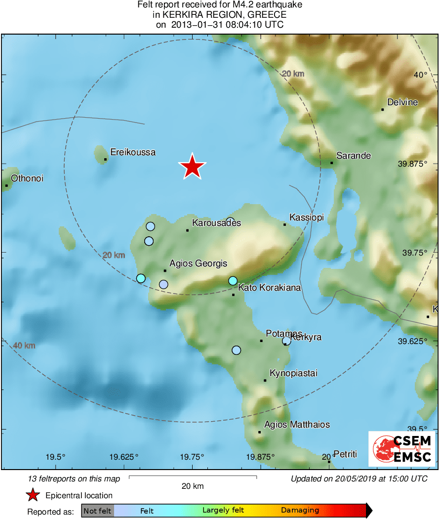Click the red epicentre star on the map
click(x=192, y=167)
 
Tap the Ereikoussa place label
click(x=133, y=152)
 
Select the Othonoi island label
click(x=27, y=178)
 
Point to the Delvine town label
click(x=402, y=102)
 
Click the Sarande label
click(x=354, y=155)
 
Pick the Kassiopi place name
click(x=306, y=217)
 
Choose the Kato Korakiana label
click(x=270, y=288)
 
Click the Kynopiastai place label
click(x=293, y=373)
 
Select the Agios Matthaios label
click(x=297, y=425)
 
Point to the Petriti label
click(x=345, y=454)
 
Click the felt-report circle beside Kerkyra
click(x=286, y=341)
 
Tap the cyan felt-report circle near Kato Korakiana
click(x=233, y=281)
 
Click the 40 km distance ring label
click(x=24, y=346)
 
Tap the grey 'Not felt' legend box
click(x=97, y=511)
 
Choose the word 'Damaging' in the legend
click(x=300, y=511)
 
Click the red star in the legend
click(x=33, y=495)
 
